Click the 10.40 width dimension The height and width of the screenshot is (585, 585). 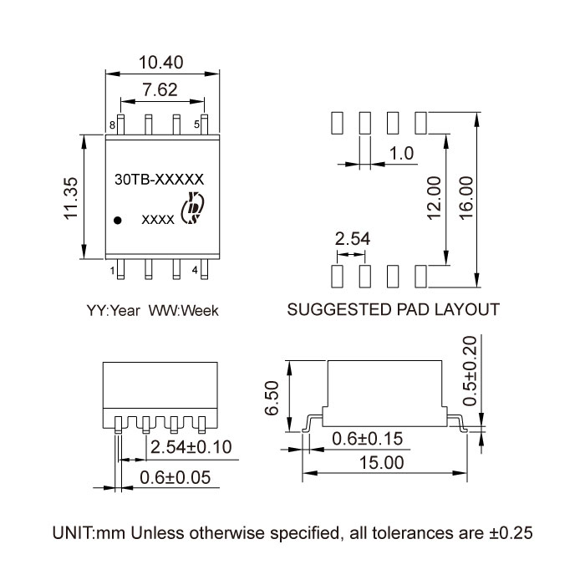click(161, 61)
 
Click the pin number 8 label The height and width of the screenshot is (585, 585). click(111, 125)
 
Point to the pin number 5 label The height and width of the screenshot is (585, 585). click(197, 125)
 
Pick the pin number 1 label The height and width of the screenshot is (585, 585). click(112, 270)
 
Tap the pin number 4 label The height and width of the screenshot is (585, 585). click(195, 270)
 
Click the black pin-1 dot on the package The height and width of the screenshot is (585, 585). click(119, 220)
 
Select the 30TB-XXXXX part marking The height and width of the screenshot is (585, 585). click(159, 178)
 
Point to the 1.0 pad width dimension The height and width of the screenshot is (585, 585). click(403, 154)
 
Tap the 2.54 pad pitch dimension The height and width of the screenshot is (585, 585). click(352, 240)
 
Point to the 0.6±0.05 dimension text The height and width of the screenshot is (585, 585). click(174, 478)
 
